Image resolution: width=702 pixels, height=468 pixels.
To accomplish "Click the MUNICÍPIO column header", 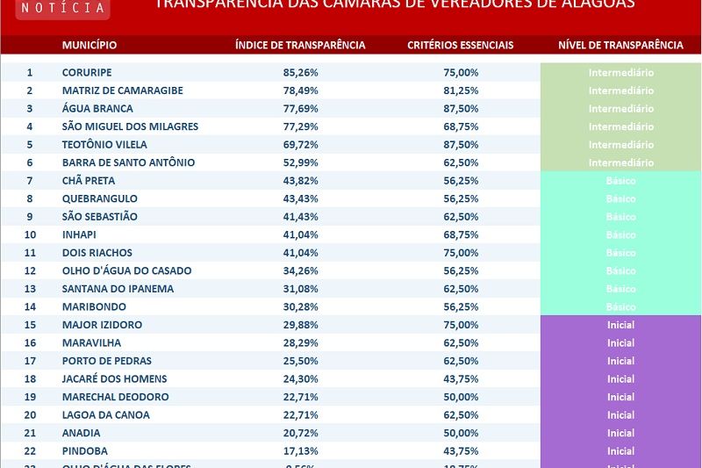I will [x=89, y=45].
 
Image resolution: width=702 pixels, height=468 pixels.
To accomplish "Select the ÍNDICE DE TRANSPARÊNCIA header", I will [x=300, y=45].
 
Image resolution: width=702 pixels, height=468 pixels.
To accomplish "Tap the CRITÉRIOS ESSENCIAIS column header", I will [x=461, y=45].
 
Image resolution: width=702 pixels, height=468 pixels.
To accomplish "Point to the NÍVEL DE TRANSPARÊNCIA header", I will [x=620, y=45].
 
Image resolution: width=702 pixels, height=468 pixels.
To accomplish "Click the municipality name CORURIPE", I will [x=87, y=73].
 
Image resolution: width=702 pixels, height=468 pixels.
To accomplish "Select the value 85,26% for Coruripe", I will [x=300, y=73].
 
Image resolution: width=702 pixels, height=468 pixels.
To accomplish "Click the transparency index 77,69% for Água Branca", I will [x=300, y=109].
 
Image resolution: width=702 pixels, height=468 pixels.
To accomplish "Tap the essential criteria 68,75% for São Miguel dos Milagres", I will [x=461, y=126].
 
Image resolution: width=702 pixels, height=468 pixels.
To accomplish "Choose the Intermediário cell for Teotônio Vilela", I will [x=620, y=145].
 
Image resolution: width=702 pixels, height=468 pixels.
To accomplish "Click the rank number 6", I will [x=29, y=162].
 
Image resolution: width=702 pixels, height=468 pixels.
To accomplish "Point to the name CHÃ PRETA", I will [x=89, y=181].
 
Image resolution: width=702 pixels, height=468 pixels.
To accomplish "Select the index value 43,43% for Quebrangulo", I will [x=300, y=198].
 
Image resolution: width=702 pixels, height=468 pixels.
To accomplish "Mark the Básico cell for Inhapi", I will [x=620, y=234].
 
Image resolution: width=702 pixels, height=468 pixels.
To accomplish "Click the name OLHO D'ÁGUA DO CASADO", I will [x=126, y=270].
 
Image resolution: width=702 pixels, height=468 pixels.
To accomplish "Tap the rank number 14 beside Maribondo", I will [x=29, y=306].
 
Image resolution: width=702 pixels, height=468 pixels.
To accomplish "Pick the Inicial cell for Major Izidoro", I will [x=620, y=325].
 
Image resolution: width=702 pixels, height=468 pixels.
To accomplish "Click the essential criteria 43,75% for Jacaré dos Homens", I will [x=461, y=378].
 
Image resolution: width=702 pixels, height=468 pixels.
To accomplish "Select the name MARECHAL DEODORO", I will [x=115, y=397].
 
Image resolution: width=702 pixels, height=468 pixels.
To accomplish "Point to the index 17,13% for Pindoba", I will [x=300, y=450].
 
